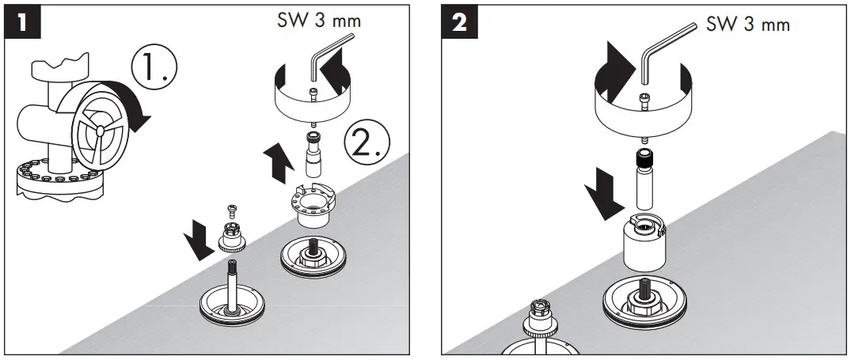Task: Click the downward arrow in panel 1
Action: [203, 237]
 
